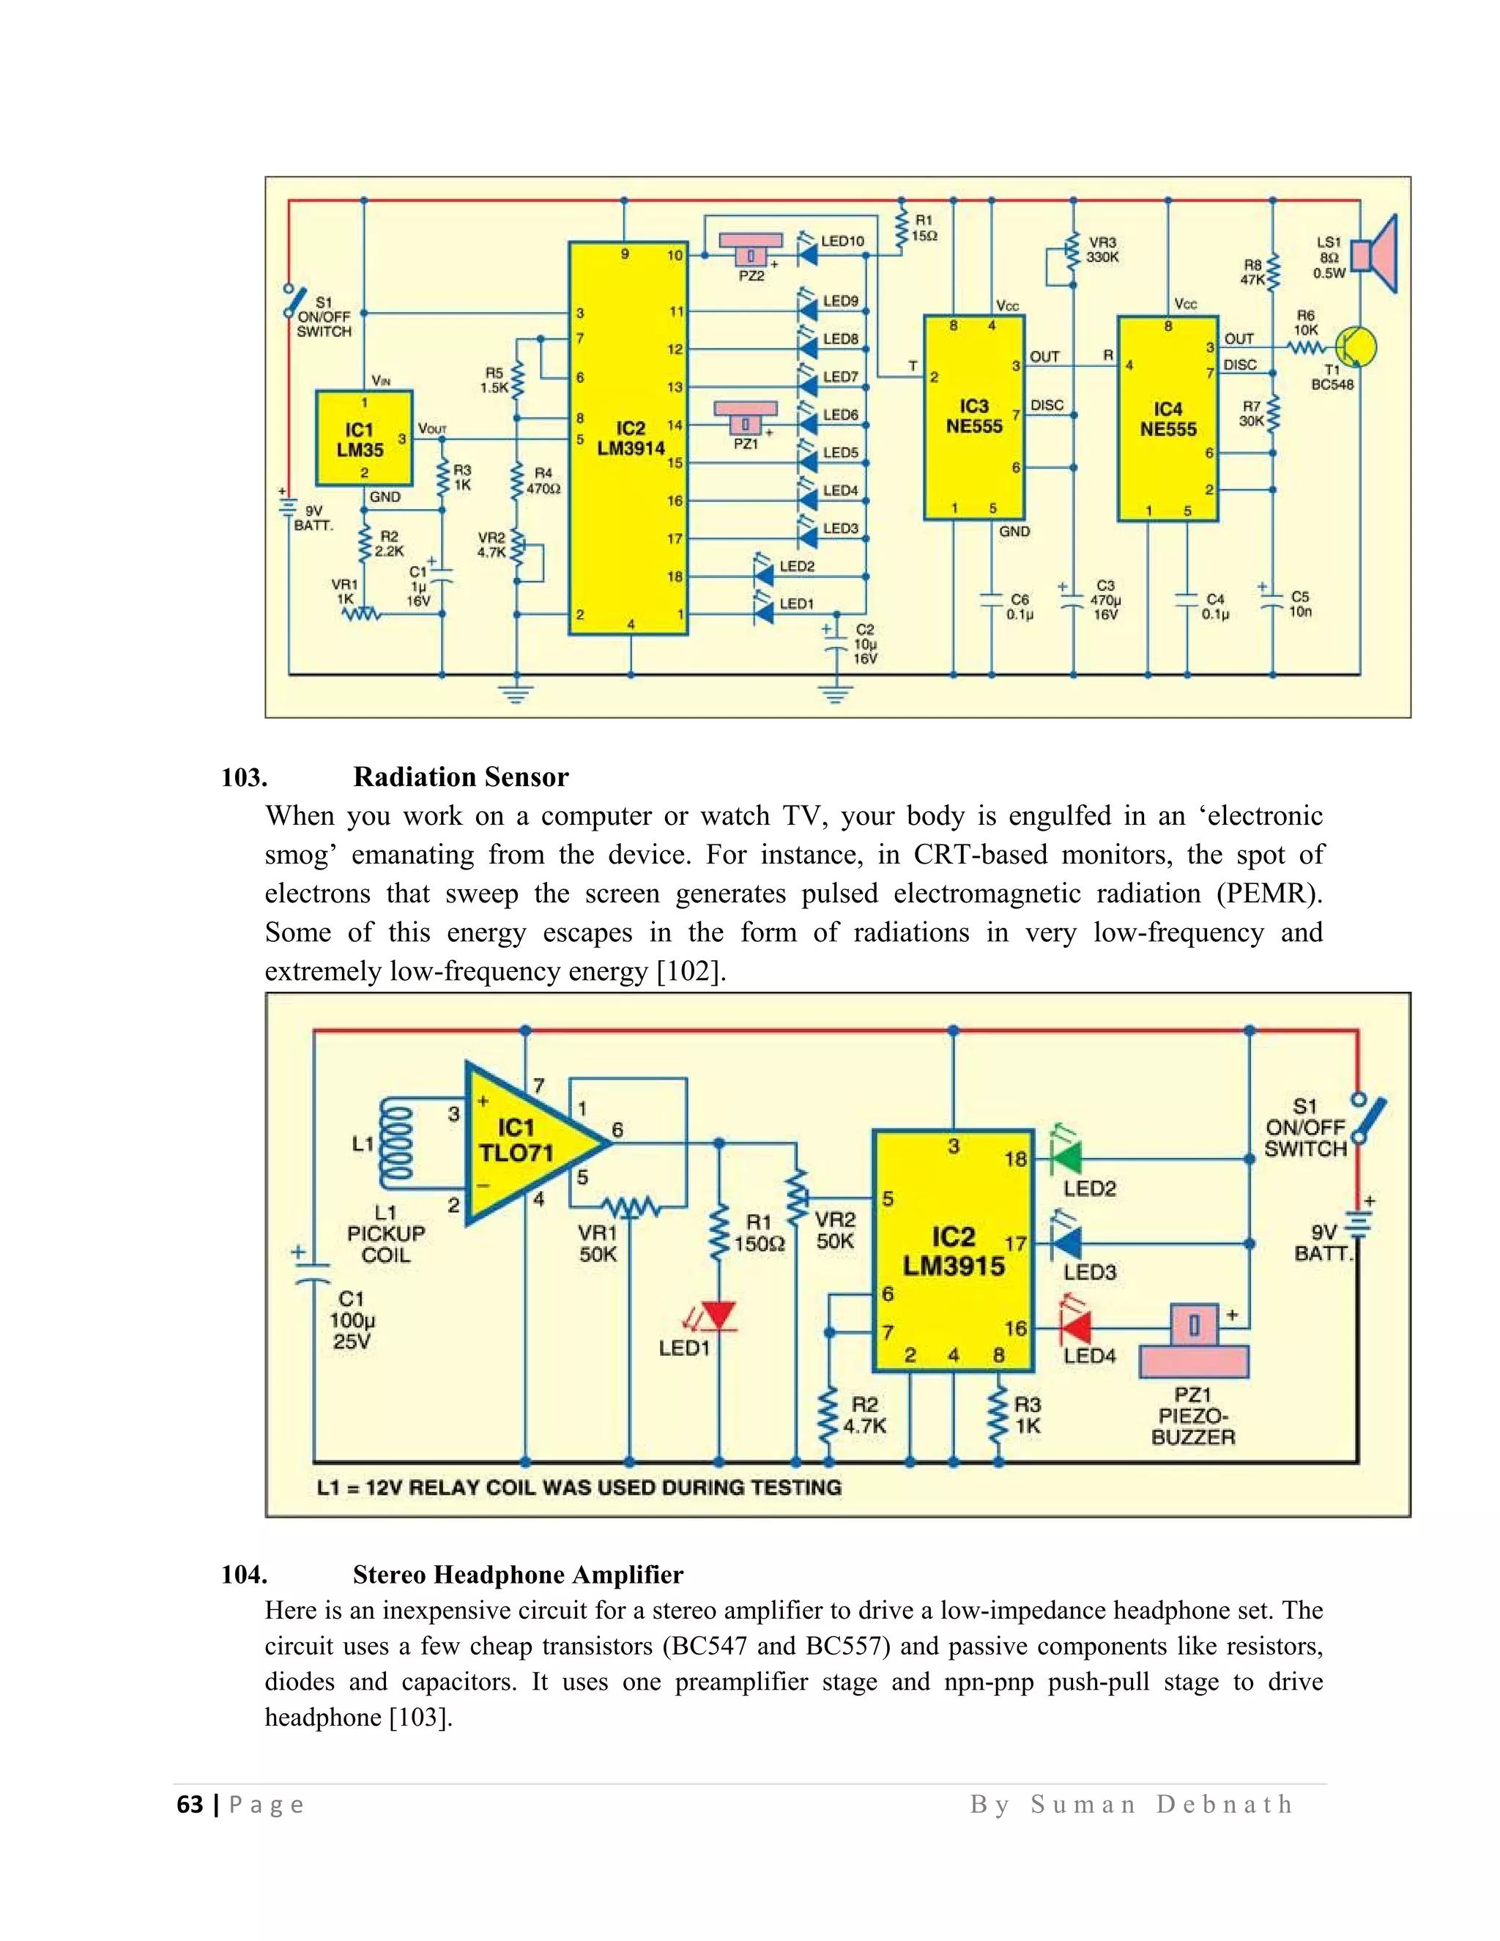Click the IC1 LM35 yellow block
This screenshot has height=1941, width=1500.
pyautogui.click(x=363, y=438)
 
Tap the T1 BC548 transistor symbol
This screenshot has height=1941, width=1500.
pyautogui.click(x=1355, y=347)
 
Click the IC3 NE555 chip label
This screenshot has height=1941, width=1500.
pyautogui.click(x=974, y=417)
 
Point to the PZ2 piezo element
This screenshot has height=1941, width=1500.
pyautogui.click(x=751, y=249)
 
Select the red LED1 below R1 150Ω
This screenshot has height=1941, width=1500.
pyautogui.click(x=718, y=1315)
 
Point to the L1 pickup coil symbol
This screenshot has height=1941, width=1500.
pyautogui.click(x=396, y=1144)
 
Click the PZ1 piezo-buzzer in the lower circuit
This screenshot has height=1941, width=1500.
pyautogui.click(x=1193, y=1342)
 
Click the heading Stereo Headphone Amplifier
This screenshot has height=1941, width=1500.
pyautogui.click(x=517, y=1575)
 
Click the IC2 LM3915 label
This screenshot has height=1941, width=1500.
pyautogui.click(x=954, y=1251)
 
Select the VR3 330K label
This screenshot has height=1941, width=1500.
pyautogui.click(x=1102, y=250)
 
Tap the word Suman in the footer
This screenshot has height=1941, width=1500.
pyautogui.click(x=1083, y=1804)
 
